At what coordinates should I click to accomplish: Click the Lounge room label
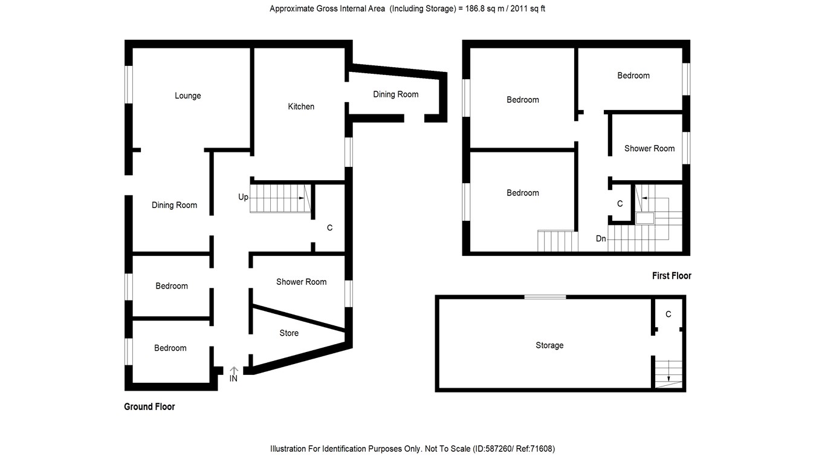click(x=187, y=96)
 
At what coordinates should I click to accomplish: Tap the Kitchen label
click(x=301, y=106)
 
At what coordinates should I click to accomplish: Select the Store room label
click(x=289, y=333)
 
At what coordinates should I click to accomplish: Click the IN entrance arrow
click(x=234, y=370)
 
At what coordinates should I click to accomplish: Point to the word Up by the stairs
click(x=244, y=197)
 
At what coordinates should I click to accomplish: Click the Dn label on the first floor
click(x=601, y=239)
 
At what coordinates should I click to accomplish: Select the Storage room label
click(x=549, y=345)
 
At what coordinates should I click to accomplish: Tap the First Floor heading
click(x=672, y=276)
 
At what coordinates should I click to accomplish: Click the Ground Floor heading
click(x=149, y=406)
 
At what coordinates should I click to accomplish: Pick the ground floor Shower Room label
click(x=301, y=282)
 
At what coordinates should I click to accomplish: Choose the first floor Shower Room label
click(x=649, y=148)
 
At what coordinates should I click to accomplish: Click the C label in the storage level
click(x=668, y=314)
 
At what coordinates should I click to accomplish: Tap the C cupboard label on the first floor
click(x=620, y=204)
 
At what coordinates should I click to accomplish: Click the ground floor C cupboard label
click(x=329, y=228)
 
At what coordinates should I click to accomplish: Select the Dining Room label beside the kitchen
click(x=395, y=94)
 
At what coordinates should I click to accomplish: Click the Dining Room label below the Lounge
click(x=174, y=205)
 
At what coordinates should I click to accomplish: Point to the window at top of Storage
click(x=545, y=297)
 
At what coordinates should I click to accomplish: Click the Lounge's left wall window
click(x=128, y=84)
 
